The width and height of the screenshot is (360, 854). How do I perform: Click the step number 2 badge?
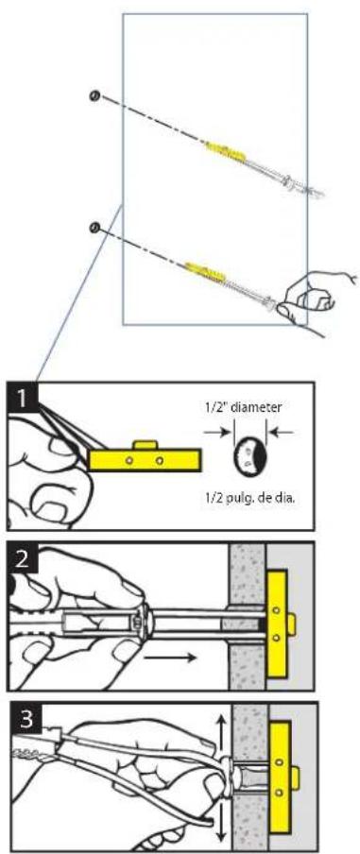[x=22, y=560]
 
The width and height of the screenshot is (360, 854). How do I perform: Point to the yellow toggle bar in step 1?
[x=146, y=460]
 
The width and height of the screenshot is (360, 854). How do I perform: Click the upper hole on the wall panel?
[x=94, y=94]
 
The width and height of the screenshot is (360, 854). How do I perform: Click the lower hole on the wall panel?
[x=94, y=227]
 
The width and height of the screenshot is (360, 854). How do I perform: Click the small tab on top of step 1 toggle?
[x=143, y=443]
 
